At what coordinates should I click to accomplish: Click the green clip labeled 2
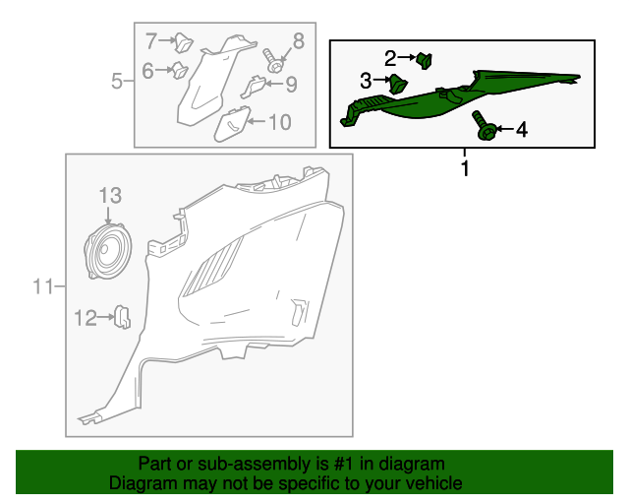point(425,60)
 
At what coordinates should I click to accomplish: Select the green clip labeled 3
point(397,84)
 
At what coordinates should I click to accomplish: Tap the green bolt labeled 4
point(485,125)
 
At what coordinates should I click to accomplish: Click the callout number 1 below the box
point(465,168)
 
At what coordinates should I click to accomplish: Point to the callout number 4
point(521,130)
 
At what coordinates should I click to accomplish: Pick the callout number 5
point(116,81)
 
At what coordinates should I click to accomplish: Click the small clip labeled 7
point(184,42)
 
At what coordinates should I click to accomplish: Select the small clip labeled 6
point(180,70)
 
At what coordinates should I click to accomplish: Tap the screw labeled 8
point(272,61)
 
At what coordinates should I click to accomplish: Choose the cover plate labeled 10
point(232,124)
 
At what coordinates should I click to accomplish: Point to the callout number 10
point(279,122)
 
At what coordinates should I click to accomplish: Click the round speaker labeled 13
point(108,252)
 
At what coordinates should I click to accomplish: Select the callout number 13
point(110,196)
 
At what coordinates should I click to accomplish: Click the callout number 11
point(43,286)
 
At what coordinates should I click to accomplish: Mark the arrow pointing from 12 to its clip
point(106,317)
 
